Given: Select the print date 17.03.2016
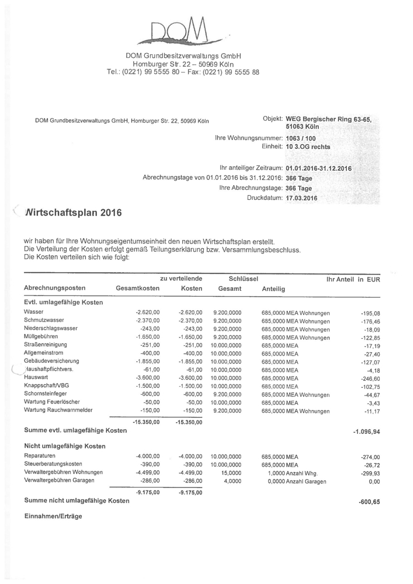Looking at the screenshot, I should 301,199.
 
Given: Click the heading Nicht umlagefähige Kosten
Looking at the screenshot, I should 65,446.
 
